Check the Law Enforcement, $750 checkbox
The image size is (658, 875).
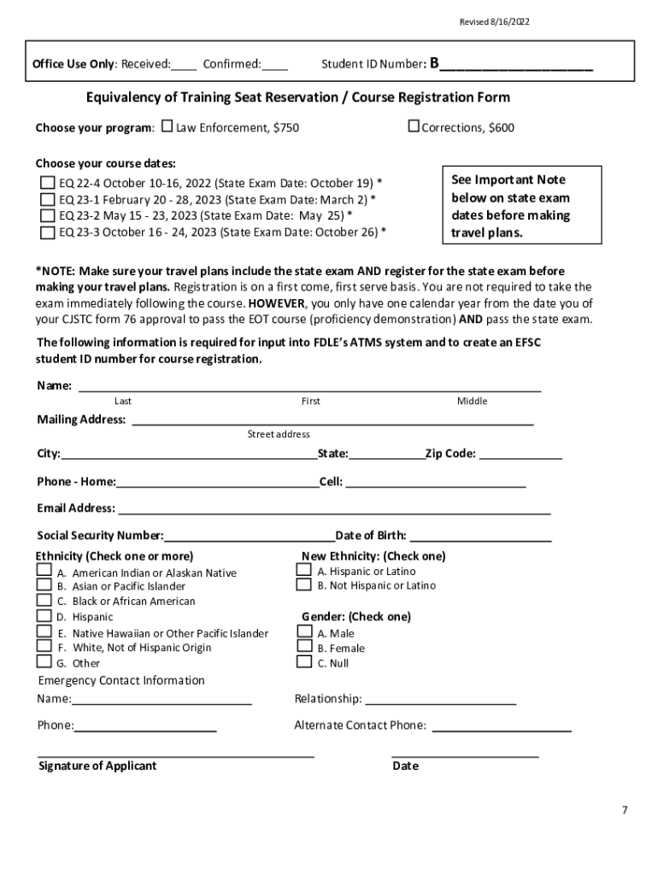pos(167,127)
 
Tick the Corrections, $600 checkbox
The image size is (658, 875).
pos(414,126)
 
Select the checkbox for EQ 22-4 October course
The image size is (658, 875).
pos(48,183)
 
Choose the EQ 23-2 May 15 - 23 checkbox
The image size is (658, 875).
pos(48,215)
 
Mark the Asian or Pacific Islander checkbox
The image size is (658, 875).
pos(43,585)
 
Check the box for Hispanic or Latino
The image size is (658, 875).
pos(303,570)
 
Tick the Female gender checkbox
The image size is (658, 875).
pos(303,647)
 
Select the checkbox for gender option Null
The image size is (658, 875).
pos(303,661)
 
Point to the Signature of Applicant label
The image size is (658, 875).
pos(97,766)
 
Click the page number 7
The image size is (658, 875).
pos(625,809)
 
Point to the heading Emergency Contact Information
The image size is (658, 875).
pos(121,680)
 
